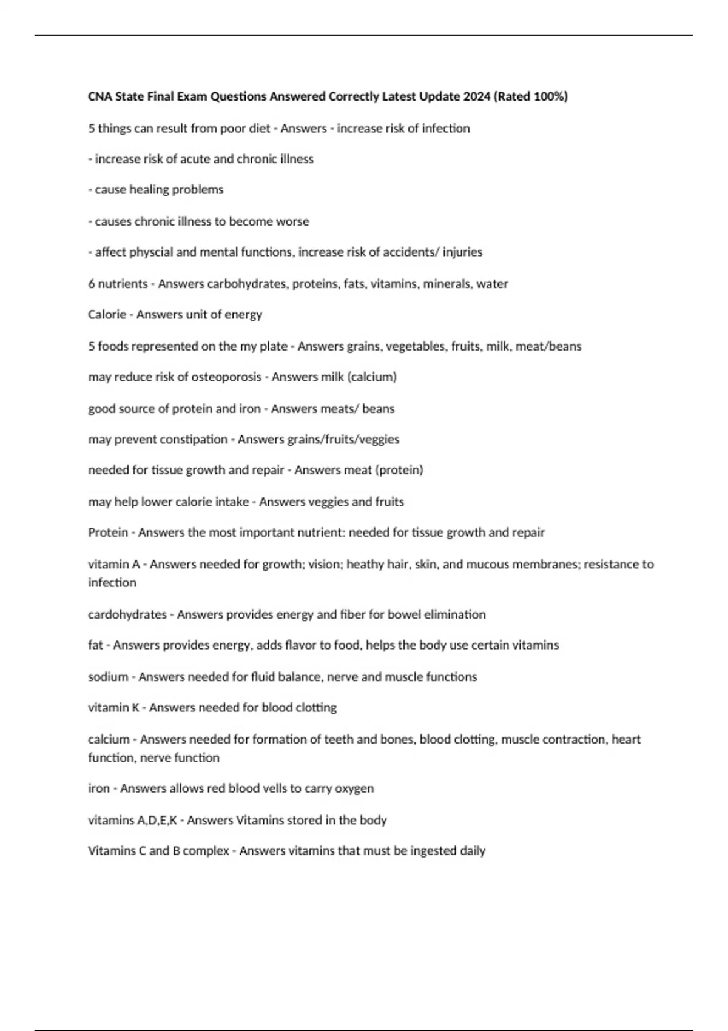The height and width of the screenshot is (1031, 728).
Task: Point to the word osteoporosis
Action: pos(226,377)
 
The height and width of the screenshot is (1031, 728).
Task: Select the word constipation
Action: pos(193,440)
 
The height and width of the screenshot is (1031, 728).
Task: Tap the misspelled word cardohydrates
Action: pos(127,614)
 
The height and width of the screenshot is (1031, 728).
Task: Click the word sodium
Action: pos(108,677)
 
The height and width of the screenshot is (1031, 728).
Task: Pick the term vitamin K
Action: pos(113,708)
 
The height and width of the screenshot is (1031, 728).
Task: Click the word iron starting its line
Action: pos(99,788)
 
